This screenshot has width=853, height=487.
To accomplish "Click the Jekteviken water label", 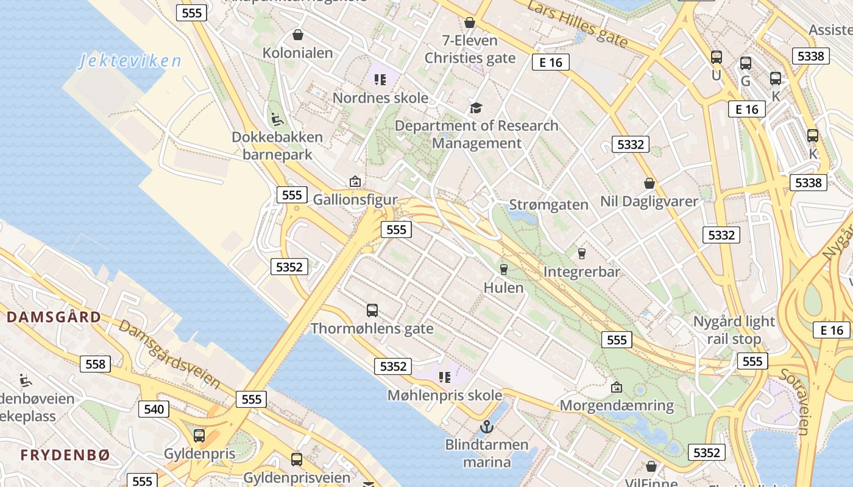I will pyautogui.click(x=130, y=61).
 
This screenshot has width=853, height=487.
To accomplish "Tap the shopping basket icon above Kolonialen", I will pyautogui.click(x=298, y=35).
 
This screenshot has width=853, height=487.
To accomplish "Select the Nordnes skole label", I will pyautogui.click(x=380, y=97).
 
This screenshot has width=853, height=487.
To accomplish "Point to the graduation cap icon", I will pyautogui.click(x=476, y=108).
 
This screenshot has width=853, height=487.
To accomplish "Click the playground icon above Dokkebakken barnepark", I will pyautogui.click(x=277, y=119).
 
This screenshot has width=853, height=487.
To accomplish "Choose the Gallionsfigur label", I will pyautogui.click(x=355, y=200).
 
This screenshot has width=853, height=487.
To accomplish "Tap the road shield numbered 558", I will pyautogui.click(x=96, y=364).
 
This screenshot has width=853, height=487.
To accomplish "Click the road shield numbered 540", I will pyautogui.click(x=154, y=409).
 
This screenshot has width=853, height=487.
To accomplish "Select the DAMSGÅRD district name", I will pyautogui.click(x=54, y=317).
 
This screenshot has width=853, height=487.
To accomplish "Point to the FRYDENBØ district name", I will pyautogui.click(x=65, y=455).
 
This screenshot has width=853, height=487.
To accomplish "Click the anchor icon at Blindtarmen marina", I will pyautogui.click(x=486, y=427).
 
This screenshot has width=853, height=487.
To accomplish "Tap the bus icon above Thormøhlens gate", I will pyautogui.click(x=372, y=310).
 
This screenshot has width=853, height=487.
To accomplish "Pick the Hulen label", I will pyautogui.click(x=503, y=287).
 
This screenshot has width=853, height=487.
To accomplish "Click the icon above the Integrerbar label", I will pyautogui.click(x=581, y=253).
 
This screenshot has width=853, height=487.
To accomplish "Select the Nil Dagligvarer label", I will pyautogui.click(x=649, y=201).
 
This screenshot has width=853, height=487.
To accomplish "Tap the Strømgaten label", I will pyautogui.click(x=548, y=205).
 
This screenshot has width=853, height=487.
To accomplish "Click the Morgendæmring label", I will pyautogui.click(x=617, y=405).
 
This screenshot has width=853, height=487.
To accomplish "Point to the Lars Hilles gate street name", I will pyautogui.click(x=576, y=24).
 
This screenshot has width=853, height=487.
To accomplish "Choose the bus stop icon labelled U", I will pyautogui.click(x=717, y=57).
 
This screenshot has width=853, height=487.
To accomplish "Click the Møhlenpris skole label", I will pyautogui.click(x=445, y=395).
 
